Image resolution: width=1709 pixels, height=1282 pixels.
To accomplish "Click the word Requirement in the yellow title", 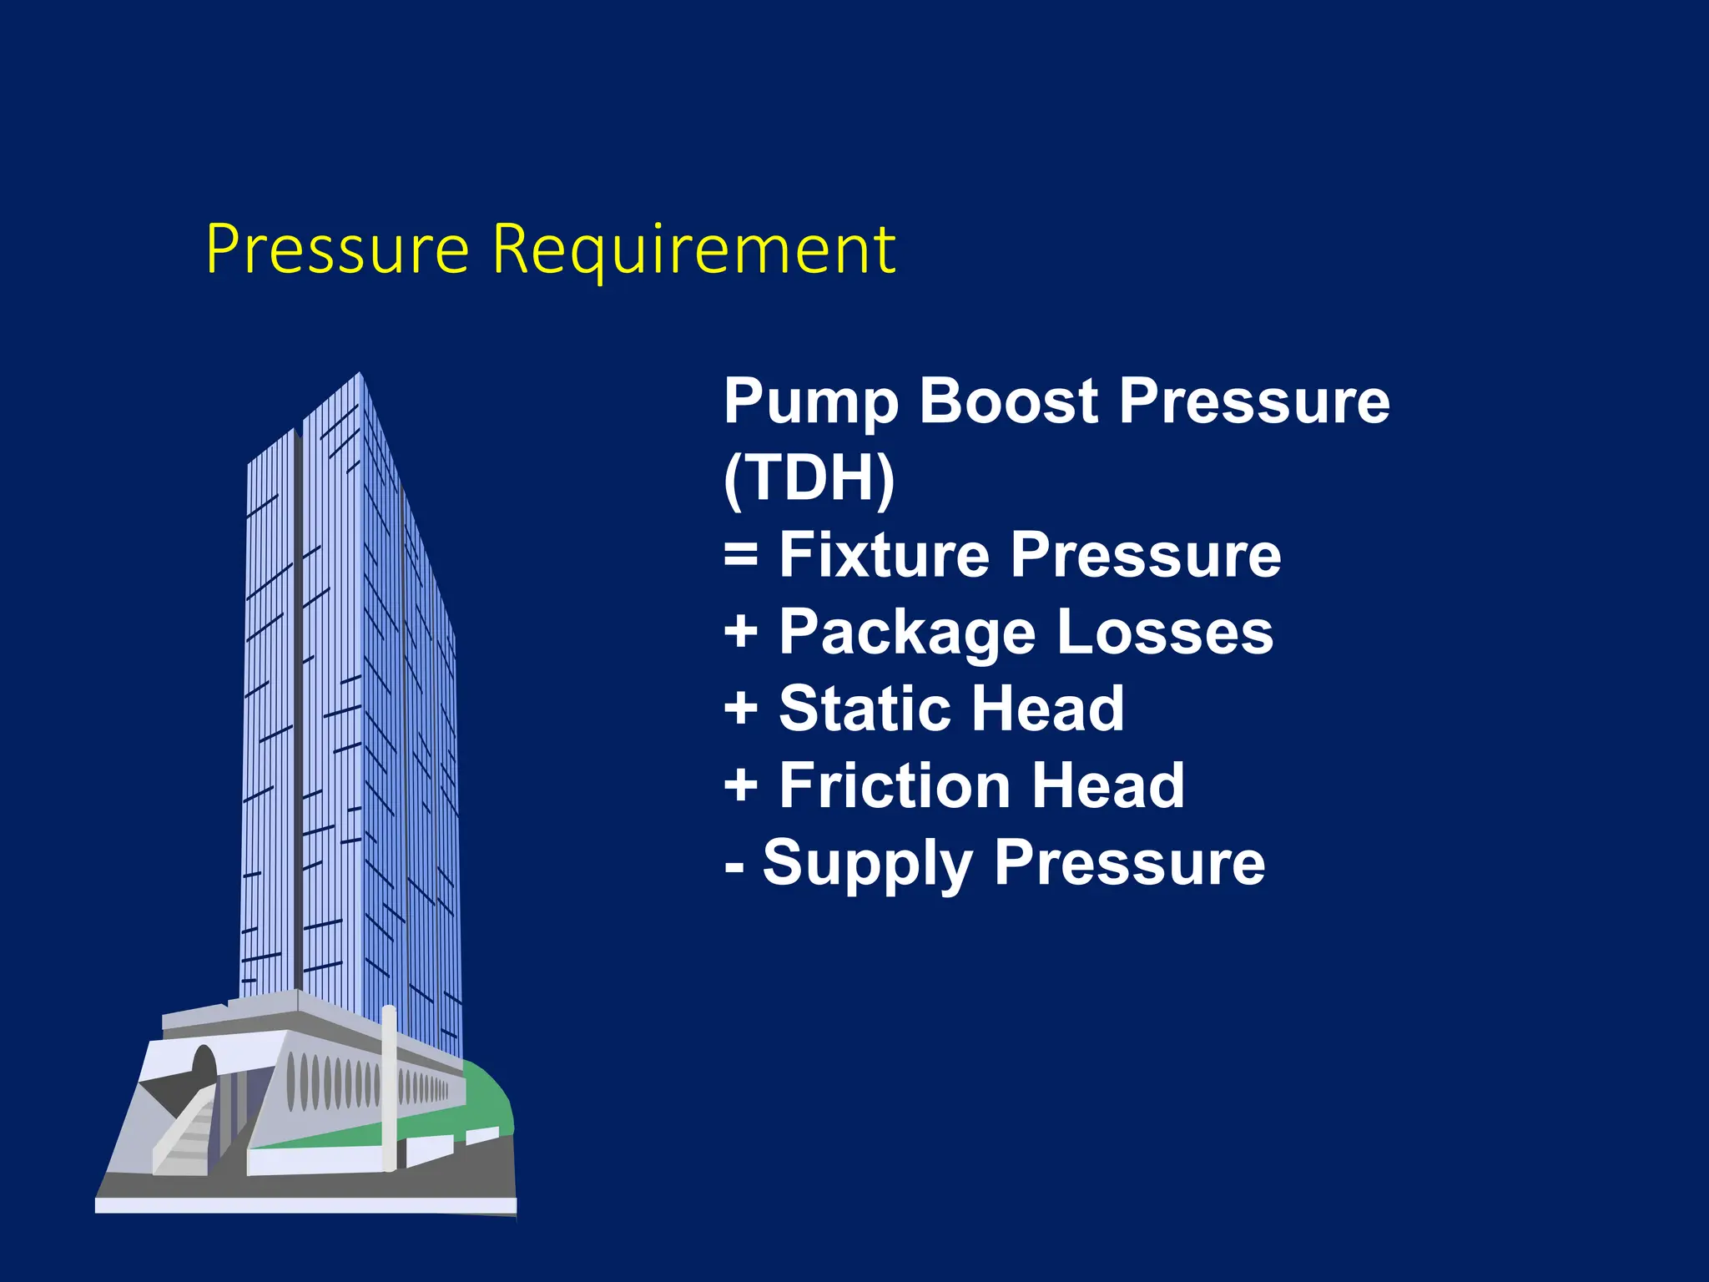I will point(693,250).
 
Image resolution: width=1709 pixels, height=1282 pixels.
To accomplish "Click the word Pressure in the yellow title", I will point(337,250).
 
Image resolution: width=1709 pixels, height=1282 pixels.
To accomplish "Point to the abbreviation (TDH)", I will point(809,478).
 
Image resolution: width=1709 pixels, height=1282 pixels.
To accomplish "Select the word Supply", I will point(866,864).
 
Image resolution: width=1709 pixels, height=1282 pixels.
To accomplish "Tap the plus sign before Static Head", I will point(740,709).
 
